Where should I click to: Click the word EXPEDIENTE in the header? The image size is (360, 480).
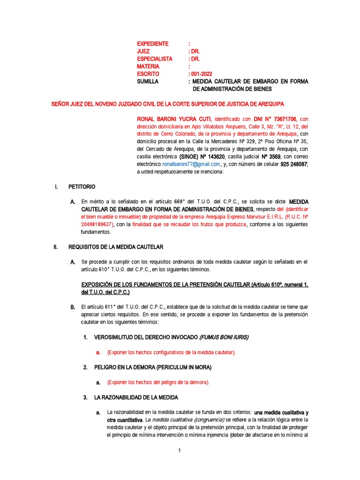click(152, 44)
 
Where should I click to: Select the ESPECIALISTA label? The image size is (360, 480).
click(155, 59)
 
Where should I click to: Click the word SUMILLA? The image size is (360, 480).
click(148, 82)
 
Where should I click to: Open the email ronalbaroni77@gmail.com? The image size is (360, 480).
click(191, 164)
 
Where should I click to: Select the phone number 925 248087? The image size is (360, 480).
click(291, 164)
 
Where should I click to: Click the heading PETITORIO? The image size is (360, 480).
click(82, 187)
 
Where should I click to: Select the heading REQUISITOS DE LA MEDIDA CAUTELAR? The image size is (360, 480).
click(116, 247)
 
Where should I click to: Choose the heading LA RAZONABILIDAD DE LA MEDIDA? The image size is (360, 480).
click(136, 397)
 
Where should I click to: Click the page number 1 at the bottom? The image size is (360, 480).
click(180, 451)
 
